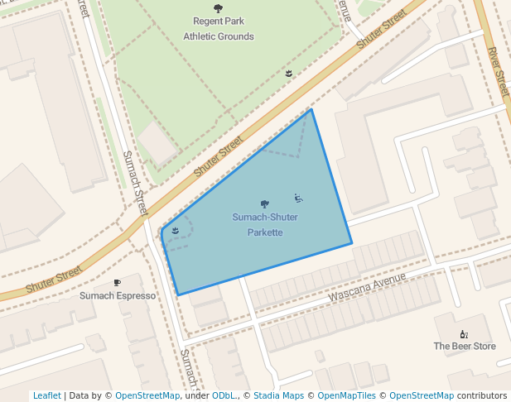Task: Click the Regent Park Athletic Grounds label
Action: click(219, 29)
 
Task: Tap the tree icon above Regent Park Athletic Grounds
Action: click(219, 9)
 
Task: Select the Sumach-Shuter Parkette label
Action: click(265, 224)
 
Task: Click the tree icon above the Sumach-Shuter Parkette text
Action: click(265, 203)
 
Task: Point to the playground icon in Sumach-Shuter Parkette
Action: click(298, 199)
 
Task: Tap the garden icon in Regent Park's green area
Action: click(288, 74)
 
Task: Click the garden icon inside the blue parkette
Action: click(175, 231)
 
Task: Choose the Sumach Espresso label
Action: click(118, 295)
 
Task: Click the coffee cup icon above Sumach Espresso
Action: click(117, 282)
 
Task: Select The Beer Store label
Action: click(465, 346)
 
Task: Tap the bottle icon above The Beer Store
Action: click(464, 333)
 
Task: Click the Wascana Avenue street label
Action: click(367, 287)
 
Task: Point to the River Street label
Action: click(499, 73)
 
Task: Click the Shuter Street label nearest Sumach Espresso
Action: click(55, 279)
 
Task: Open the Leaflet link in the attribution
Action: click(46, 395)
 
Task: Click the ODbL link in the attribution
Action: click(224, 395)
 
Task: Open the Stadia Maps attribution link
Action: click(278, 395)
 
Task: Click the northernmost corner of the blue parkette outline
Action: click(311, 109)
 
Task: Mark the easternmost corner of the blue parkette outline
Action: click(352, 243)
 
